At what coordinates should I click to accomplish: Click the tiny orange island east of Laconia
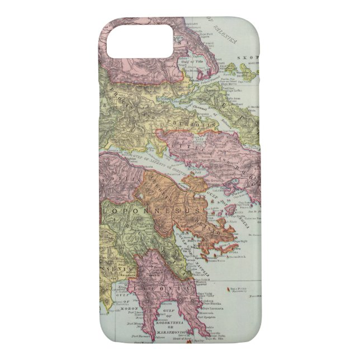(229, 289)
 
